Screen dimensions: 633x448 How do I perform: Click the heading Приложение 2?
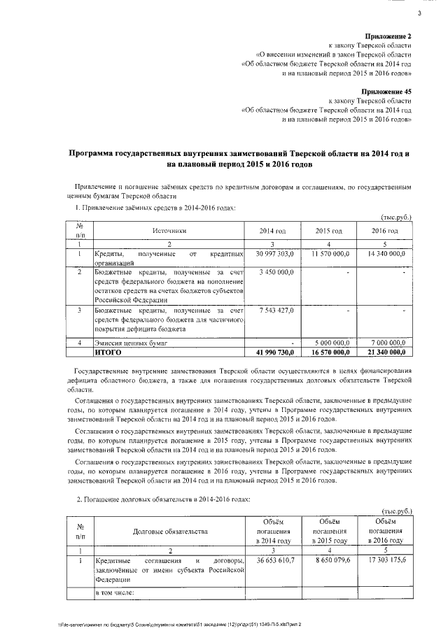click(x=389, y=36)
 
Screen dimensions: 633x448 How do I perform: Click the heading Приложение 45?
click(x=387, y=91)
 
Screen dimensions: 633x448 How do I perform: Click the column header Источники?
click(x=169, y=230)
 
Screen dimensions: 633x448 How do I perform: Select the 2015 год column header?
click(x=328, y=231)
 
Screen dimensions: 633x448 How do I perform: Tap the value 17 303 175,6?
click(x=386, y=562)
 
